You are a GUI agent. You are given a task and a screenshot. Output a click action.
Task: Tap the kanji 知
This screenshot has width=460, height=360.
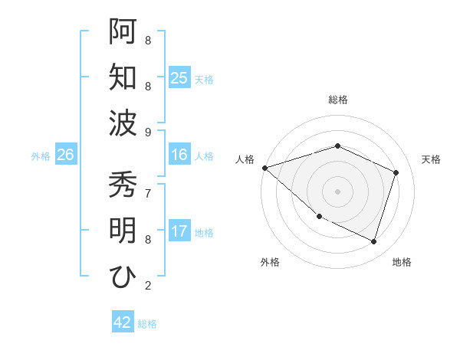pos(123,77)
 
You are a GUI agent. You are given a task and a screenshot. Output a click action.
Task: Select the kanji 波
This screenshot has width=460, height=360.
pos(123,123)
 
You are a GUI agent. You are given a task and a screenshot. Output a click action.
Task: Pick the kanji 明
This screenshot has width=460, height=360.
pos(123,231)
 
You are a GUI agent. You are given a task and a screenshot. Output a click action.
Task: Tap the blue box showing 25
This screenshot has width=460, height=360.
pos(179,77)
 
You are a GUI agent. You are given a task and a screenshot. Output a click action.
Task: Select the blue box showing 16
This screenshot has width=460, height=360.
pos(179,155)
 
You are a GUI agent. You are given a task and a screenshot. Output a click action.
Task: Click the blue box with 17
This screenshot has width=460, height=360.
pos(179,231)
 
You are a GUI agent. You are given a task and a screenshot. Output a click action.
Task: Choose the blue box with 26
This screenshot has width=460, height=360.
pos(65,155)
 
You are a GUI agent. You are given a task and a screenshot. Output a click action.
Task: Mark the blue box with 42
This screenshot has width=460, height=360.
pos(123,322)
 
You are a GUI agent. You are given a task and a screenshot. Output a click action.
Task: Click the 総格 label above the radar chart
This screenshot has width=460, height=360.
pos(337,100)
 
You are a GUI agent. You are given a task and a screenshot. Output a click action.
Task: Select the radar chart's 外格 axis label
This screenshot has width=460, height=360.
pos(270,262)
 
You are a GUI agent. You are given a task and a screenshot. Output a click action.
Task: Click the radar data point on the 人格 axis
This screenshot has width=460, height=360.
pos(264,167)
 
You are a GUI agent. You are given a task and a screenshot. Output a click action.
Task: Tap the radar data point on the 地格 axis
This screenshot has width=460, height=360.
pos(374,241)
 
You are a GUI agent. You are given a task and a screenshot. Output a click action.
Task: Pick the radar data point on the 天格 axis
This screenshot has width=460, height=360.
pos(396,172)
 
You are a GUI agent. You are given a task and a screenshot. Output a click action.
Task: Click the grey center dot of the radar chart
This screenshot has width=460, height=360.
pos(337,191)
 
